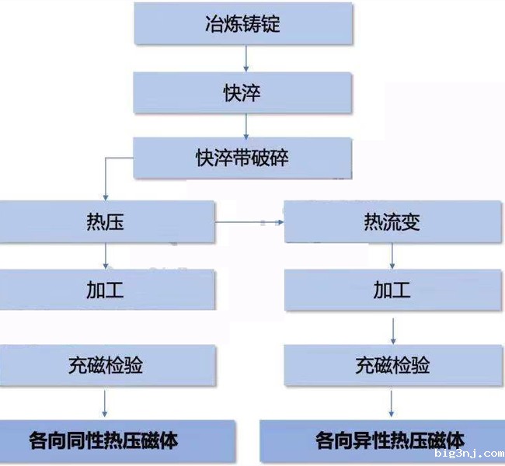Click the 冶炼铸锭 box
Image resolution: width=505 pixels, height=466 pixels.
(x=244, y=23)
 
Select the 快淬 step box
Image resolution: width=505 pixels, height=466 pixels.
(x=244, y=92)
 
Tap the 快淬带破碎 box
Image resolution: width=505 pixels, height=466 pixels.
(x=244, y=158)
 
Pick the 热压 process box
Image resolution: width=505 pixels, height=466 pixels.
(x=106, y=222)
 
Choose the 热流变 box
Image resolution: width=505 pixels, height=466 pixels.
(x=392, y=222)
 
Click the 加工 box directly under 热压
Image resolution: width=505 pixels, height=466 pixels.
(x=106, y=290)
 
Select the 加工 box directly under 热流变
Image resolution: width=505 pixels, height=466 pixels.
(x=392, y=290)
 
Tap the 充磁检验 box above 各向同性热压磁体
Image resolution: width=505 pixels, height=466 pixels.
(x=106, y=365)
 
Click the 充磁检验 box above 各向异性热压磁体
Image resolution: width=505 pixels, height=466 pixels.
(x=392, y=365)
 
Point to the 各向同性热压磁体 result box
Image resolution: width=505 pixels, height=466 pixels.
(x=117, y=440)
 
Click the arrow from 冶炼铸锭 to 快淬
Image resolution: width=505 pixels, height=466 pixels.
(x=246, y=57)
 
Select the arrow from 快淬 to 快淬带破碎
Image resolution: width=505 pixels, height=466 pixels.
(x=246, y=125)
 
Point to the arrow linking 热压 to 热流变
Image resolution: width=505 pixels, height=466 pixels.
(x=249, y=223)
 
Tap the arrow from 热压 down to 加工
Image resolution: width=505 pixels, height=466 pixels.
(x=106, y=256)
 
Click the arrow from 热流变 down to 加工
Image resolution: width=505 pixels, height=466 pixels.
(x=392, y=256)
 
